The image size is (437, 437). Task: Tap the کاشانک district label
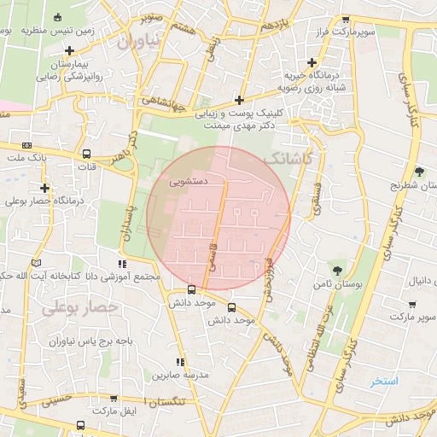(x=289, y=160)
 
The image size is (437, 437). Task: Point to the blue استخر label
(x=384, y=381)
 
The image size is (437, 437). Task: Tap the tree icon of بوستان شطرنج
(x=418, y=171)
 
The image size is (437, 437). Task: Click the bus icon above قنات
(x=85, y=154)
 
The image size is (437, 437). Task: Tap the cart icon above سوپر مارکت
(x=412, y=304)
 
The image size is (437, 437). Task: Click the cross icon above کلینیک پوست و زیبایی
(x=240, y=99)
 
